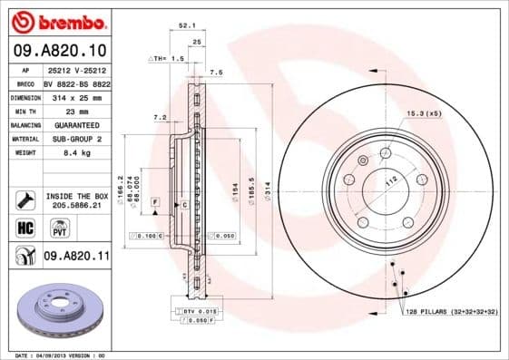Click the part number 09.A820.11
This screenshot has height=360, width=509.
tap(76, 258)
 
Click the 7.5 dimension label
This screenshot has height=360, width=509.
tap(216, 72)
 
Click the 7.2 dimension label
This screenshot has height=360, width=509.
tap(160, 117)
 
